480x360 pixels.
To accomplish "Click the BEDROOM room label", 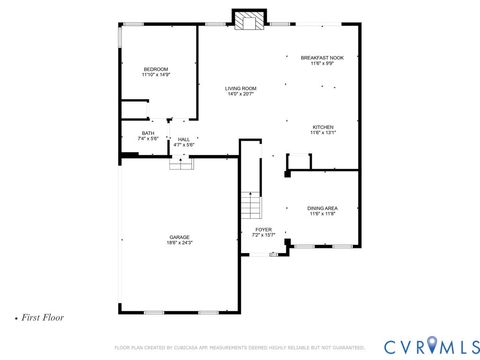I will [155, 69].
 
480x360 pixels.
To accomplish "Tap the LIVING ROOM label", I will [240, 89].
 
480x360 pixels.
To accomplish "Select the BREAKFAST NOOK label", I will [321, 59].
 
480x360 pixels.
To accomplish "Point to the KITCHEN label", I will [322, 127].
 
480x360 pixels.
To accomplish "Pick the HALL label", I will [183, 139].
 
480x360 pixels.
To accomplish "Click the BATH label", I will [148, 133].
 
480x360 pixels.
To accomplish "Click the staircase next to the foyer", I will [251, 207].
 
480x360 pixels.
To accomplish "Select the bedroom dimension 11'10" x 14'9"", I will [155, 75].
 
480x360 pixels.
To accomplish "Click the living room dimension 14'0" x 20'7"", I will [240, 95].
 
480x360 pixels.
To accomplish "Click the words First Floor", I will [42, 316].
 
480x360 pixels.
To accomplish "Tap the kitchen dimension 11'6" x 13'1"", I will [322, 133].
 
